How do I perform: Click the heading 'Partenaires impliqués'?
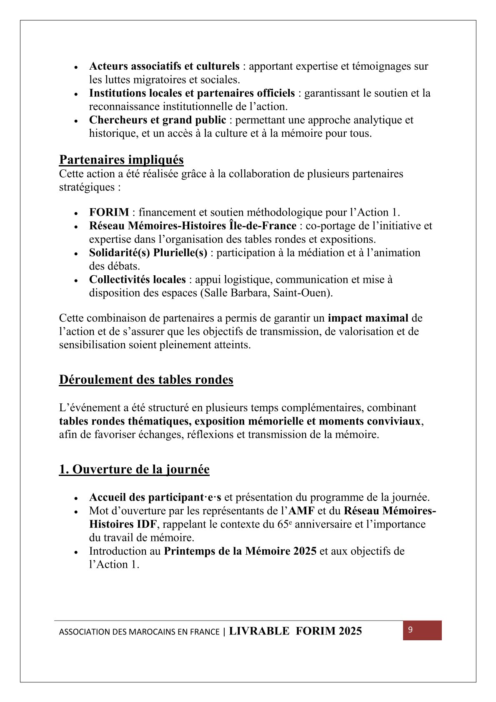coord(121,160)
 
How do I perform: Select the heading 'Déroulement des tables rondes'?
coord(146,380)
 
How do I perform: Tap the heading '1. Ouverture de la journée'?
coord(134,469)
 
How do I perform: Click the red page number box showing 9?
coord(422,630)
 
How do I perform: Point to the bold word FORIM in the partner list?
coord(109,212)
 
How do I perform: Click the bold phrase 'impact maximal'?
coord(368,318)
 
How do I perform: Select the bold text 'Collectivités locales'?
coord(137,279)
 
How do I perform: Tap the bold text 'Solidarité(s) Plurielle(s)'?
coord(148,253)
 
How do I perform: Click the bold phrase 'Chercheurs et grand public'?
coord(158,120)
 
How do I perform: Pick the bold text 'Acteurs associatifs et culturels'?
coord(164,66)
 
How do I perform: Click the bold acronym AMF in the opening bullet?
coord(301,511)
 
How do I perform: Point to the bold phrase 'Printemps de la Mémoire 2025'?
coord(240,551)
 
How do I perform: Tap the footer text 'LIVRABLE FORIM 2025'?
coord(295,631)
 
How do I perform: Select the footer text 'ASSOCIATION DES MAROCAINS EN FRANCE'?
coord(139,632)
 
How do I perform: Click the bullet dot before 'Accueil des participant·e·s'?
coord(76,498)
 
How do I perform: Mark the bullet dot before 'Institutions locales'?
coord(76,94)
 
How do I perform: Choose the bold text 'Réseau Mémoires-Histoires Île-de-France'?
coord(193,226)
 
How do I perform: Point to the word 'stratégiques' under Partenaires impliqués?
coord(87,187)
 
